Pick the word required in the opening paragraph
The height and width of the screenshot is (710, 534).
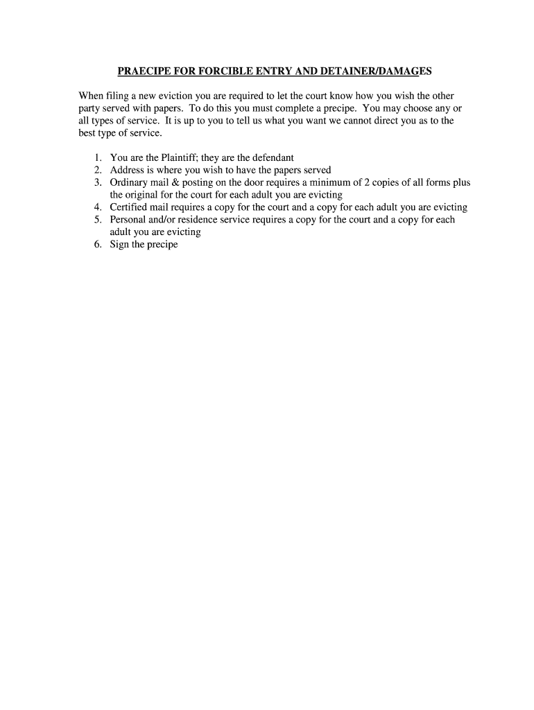coord(241,96)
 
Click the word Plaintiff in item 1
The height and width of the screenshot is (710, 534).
coord(172,158)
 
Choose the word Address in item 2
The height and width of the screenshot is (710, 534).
coord(127,171)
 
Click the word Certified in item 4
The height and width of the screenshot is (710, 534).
coord(129,207)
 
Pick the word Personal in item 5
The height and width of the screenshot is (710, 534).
coord(128,220)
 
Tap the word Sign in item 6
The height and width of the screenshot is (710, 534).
coord(119,245)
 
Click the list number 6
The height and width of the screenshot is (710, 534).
coord(98,245)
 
